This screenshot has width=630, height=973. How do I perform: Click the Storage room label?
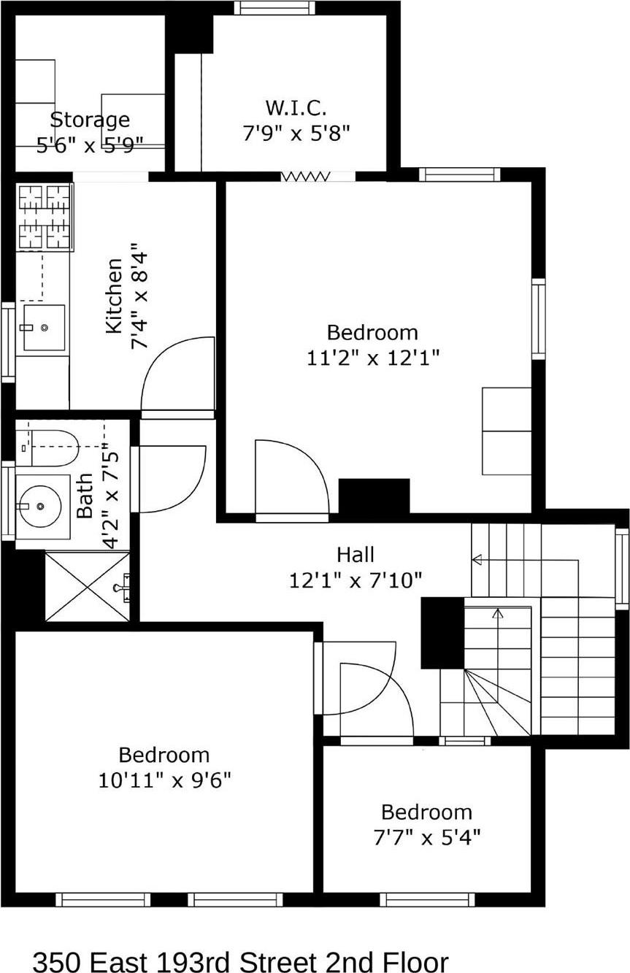[90, 120]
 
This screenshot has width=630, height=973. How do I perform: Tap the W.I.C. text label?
[296, 108]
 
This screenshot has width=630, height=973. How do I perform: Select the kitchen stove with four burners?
[45, 217]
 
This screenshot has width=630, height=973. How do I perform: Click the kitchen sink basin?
[43, 328]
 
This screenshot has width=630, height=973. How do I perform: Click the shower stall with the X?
[87, 586]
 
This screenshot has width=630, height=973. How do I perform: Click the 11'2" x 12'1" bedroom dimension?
[372, 358]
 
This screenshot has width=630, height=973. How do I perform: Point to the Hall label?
[356, 554]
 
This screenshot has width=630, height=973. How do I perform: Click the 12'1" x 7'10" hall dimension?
[356, 581]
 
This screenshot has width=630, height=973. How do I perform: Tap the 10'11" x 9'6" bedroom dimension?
[164, 780]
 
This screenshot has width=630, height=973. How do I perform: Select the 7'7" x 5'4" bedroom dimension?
[426, 837]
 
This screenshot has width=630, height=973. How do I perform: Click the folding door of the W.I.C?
[307, 176]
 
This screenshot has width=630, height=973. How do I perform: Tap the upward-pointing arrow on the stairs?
[498, 615]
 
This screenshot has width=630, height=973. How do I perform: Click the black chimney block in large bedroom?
[374, 496]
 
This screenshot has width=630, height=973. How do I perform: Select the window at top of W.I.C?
[274, 8]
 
